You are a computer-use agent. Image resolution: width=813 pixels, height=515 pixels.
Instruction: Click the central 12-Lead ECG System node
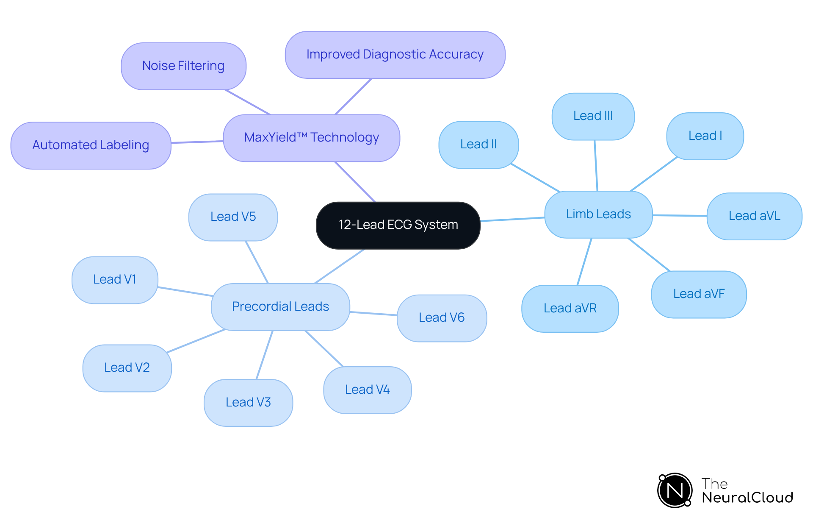click(398, 225)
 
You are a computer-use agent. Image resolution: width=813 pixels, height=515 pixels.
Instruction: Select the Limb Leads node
click(598, 214)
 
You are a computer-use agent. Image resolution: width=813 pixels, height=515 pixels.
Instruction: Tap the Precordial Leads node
click(280, 306)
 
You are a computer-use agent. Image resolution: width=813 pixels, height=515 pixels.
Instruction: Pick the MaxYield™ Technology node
click(311, 138)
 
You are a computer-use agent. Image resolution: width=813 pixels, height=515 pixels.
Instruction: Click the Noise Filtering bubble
click(183, 66)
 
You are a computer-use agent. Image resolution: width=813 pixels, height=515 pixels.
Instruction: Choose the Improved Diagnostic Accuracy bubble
click(395, 55)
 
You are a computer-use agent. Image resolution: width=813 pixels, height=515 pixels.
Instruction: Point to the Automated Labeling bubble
click(91, 145)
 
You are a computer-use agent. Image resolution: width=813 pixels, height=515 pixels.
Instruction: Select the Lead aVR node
click(570, 308)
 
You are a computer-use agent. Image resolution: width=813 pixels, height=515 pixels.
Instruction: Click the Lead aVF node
click(699, 294)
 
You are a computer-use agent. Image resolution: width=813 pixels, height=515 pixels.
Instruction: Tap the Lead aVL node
click(754, 216)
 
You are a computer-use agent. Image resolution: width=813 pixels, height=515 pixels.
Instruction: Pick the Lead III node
click(593, 116)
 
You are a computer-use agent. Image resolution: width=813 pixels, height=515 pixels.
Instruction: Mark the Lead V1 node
click(115, 280)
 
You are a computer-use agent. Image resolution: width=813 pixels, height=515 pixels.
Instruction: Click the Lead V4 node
click(367, 390)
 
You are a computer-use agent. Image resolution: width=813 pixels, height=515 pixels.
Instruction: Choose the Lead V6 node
click(442, 318)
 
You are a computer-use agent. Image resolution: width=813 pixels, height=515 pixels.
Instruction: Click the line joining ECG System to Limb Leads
click(512, 219)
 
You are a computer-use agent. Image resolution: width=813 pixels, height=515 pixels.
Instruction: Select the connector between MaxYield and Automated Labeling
click(197, 142)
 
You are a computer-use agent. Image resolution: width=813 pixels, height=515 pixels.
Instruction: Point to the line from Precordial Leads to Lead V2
click(196, 341)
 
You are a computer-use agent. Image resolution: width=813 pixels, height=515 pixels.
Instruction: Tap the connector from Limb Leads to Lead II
click(536, 178)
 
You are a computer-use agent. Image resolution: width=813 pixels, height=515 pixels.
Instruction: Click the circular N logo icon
click(675, 490)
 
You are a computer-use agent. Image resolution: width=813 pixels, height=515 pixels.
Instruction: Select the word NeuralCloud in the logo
click(747, 498)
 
